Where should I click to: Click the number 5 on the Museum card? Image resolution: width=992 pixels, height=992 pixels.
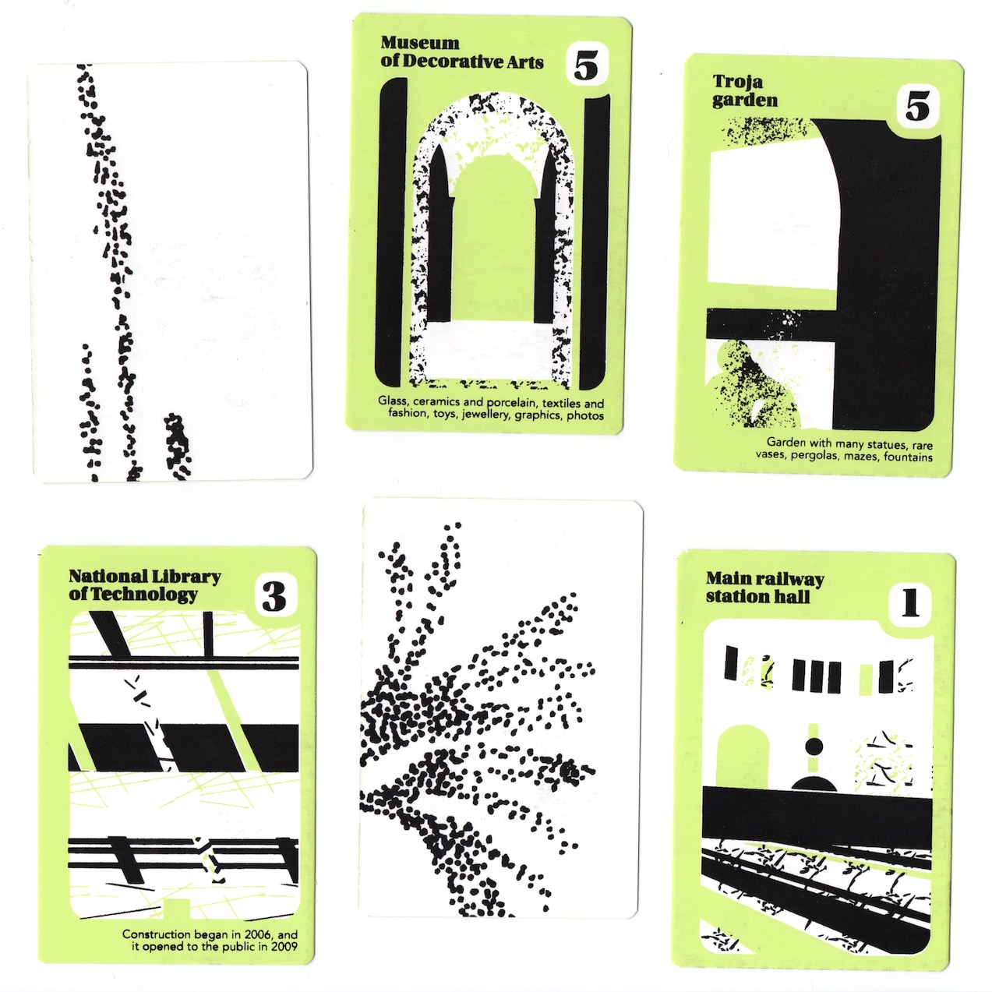(586, 67)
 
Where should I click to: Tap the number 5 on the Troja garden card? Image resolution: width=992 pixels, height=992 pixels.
(917, 107)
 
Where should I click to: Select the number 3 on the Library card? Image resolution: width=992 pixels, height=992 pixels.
(274, 597)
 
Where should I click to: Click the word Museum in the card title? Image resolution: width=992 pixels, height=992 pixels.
(419, 42)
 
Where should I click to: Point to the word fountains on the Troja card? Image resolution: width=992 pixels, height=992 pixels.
(908, 457)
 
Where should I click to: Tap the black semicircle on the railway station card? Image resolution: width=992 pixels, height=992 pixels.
(813, 782)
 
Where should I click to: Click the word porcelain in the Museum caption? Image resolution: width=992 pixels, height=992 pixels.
(509, 403)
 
